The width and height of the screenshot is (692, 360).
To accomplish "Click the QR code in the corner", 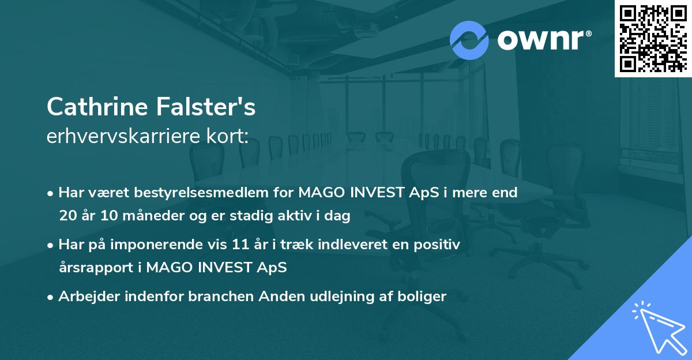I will (653, 38).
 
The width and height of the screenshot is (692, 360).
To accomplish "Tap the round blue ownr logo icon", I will (469, 40).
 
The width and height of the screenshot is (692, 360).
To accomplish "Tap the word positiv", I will (438, 245).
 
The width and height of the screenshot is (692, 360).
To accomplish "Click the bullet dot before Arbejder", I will (51, 297).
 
